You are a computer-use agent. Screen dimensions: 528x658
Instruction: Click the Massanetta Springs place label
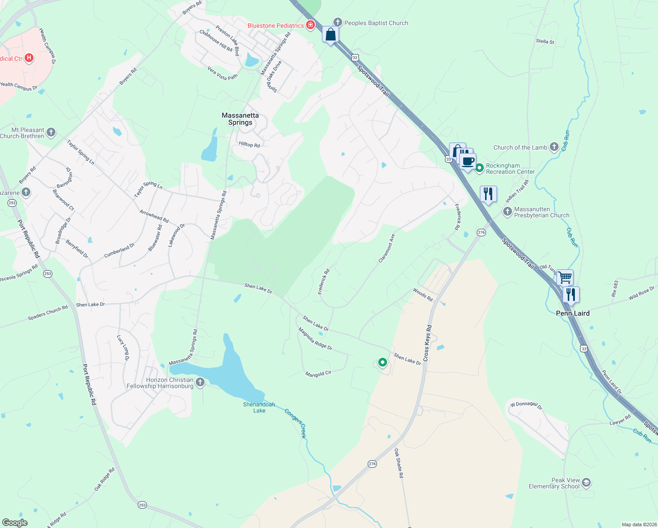[240, 119]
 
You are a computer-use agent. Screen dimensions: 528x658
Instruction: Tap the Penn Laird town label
[573, 313]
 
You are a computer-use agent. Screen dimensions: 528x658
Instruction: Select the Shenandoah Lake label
[259, 407]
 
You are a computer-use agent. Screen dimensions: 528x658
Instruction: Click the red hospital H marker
[29, 58]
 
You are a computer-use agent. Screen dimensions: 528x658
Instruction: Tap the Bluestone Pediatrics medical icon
[311, 25]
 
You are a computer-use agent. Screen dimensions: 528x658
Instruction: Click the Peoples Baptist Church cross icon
[337, 22]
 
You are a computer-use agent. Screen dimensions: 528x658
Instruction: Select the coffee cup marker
[468, 161]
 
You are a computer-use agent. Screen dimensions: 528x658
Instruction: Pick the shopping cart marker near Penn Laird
[565, 278]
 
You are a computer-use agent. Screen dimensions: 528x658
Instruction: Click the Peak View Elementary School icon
[586, 483]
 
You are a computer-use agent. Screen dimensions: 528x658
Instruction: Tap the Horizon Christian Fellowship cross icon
[200, 382]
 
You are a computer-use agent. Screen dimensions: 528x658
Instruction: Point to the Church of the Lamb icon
[554, 147]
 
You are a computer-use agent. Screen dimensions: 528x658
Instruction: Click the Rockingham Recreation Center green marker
[479, 168]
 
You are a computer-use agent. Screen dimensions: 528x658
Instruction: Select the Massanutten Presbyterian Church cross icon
[508, 212]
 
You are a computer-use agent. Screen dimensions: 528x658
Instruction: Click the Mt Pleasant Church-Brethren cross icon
[51, 132]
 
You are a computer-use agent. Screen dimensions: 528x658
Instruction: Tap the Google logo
[15, 523]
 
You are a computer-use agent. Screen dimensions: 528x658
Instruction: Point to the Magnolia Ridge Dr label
[315, 338]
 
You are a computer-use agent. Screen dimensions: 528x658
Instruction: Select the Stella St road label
[545, 42]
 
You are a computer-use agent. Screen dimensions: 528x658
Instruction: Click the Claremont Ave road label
[387, 249]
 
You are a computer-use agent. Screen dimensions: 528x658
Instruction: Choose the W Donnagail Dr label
[526, 405]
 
